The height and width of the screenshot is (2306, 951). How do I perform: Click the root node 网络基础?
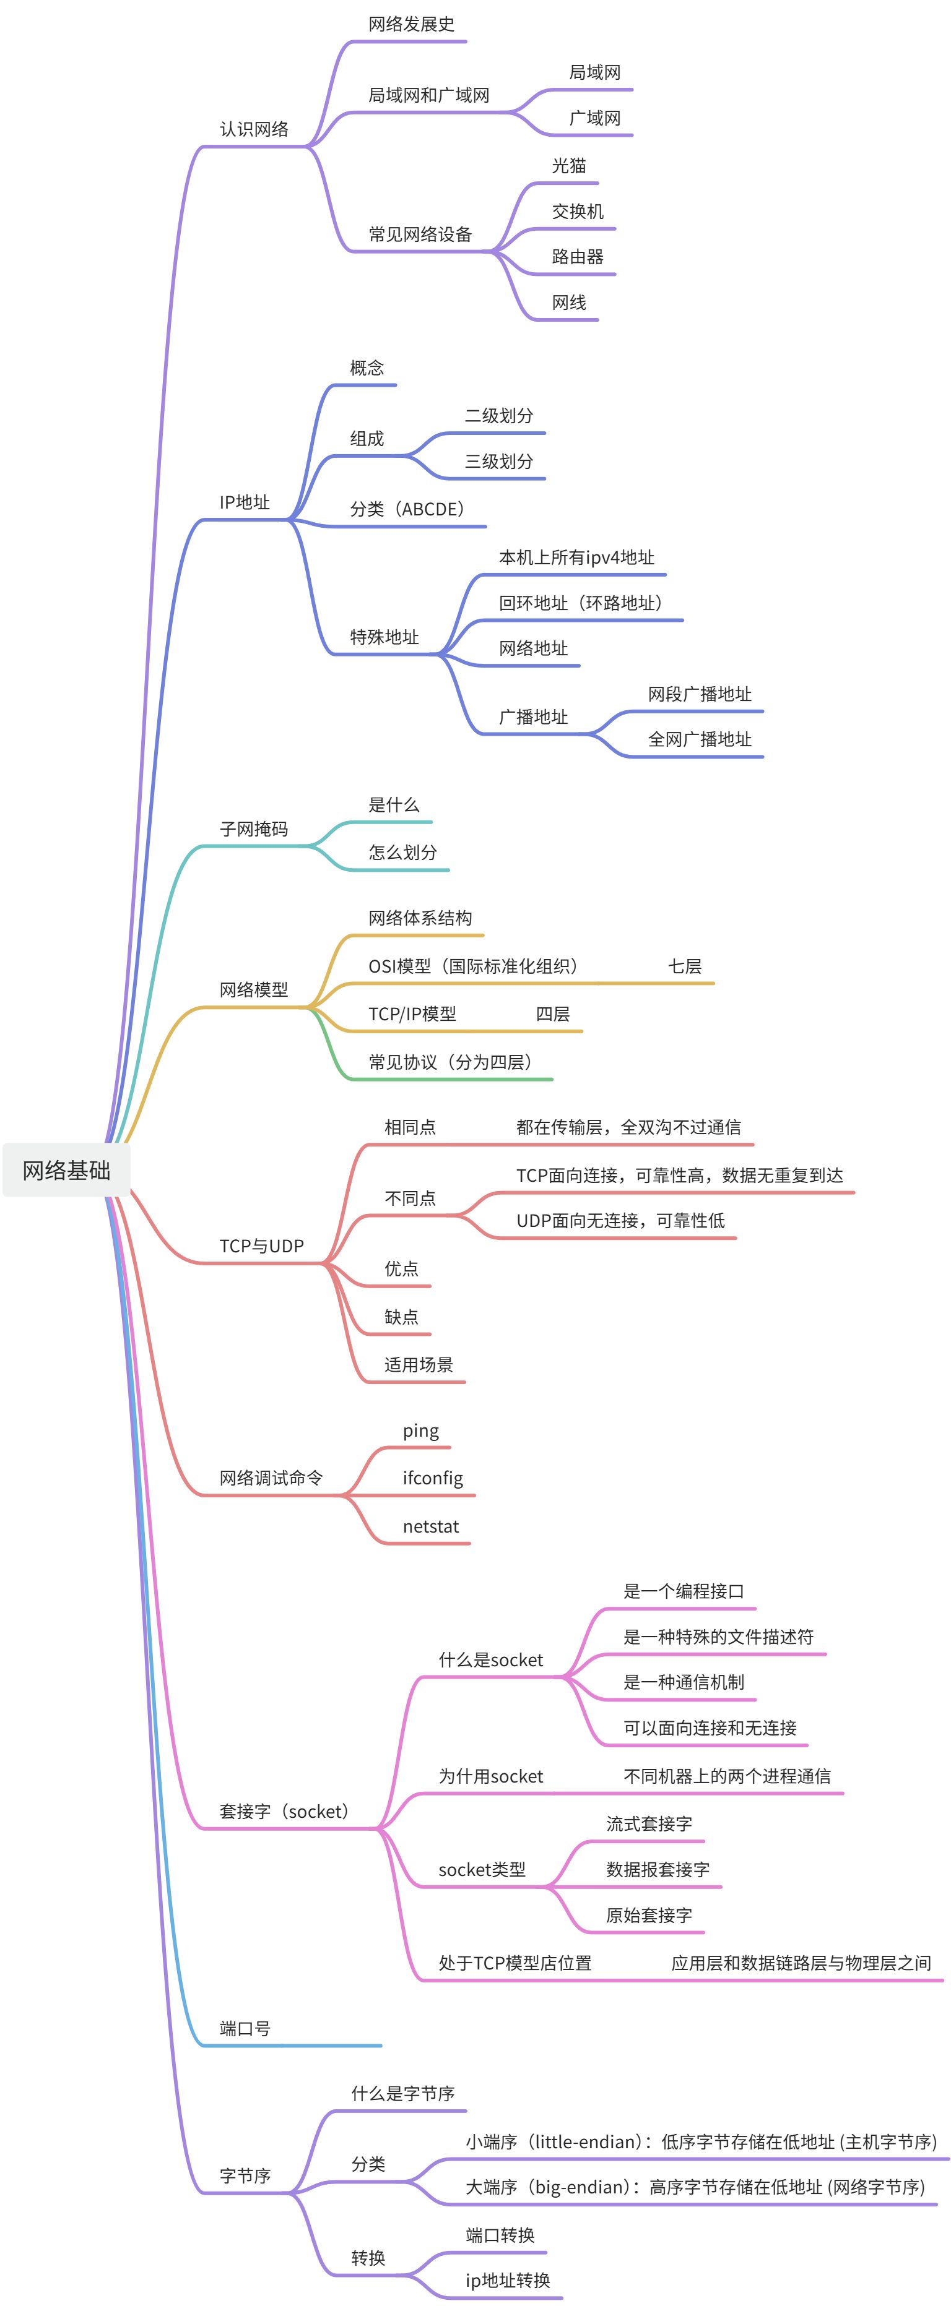click(x=66, y=1170)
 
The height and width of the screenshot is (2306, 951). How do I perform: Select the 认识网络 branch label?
click(x=254, y=129)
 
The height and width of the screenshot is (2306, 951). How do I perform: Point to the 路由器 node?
click(x=578, y=257)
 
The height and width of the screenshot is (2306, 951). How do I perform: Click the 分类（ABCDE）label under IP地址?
click(x=407, y=509)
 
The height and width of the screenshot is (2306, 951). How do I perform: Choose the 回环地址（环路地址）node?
click(x=581, y=603)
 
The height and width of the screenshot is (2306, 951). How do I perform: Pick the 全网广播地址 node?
click(x=700, y=739)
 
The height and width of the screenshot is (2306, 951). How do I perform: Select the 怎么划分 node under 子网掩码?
click(x=403, y=852)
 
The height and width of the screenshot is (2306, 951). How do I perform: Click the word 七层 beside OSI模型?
click(x=685, y=966)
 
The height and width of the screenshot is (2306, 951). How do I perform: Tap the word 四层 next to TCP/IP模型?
click(x=552, y=1014)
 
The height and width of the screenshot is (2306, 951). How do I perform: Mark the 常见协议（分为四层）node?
click(x=451, y=1062)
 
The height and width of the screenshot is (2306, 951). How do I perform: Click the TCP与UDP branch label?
click(x=261, y=1246)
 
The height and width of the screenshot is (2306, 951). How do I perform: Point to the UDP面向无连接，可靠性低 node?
click(x=620, y=1221)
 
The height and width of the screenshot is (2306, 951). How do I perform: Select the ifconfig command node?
click(x=433, y=1478)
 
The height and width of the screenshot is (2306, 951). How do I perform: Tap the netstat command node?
click(x=431, y=1526)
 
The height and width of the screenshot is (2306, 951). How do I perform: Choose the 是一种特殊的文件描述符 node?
click(x=718, y=1637)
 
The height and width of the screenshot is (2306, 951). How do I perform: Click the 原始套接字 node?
click(x=649, y=1916)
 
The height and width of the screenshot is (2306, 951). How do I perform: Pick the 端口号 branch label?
click(x=245, y=2028)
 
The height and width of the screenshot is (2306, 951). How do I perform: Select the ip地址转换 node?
click(x=508, y=2280)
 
